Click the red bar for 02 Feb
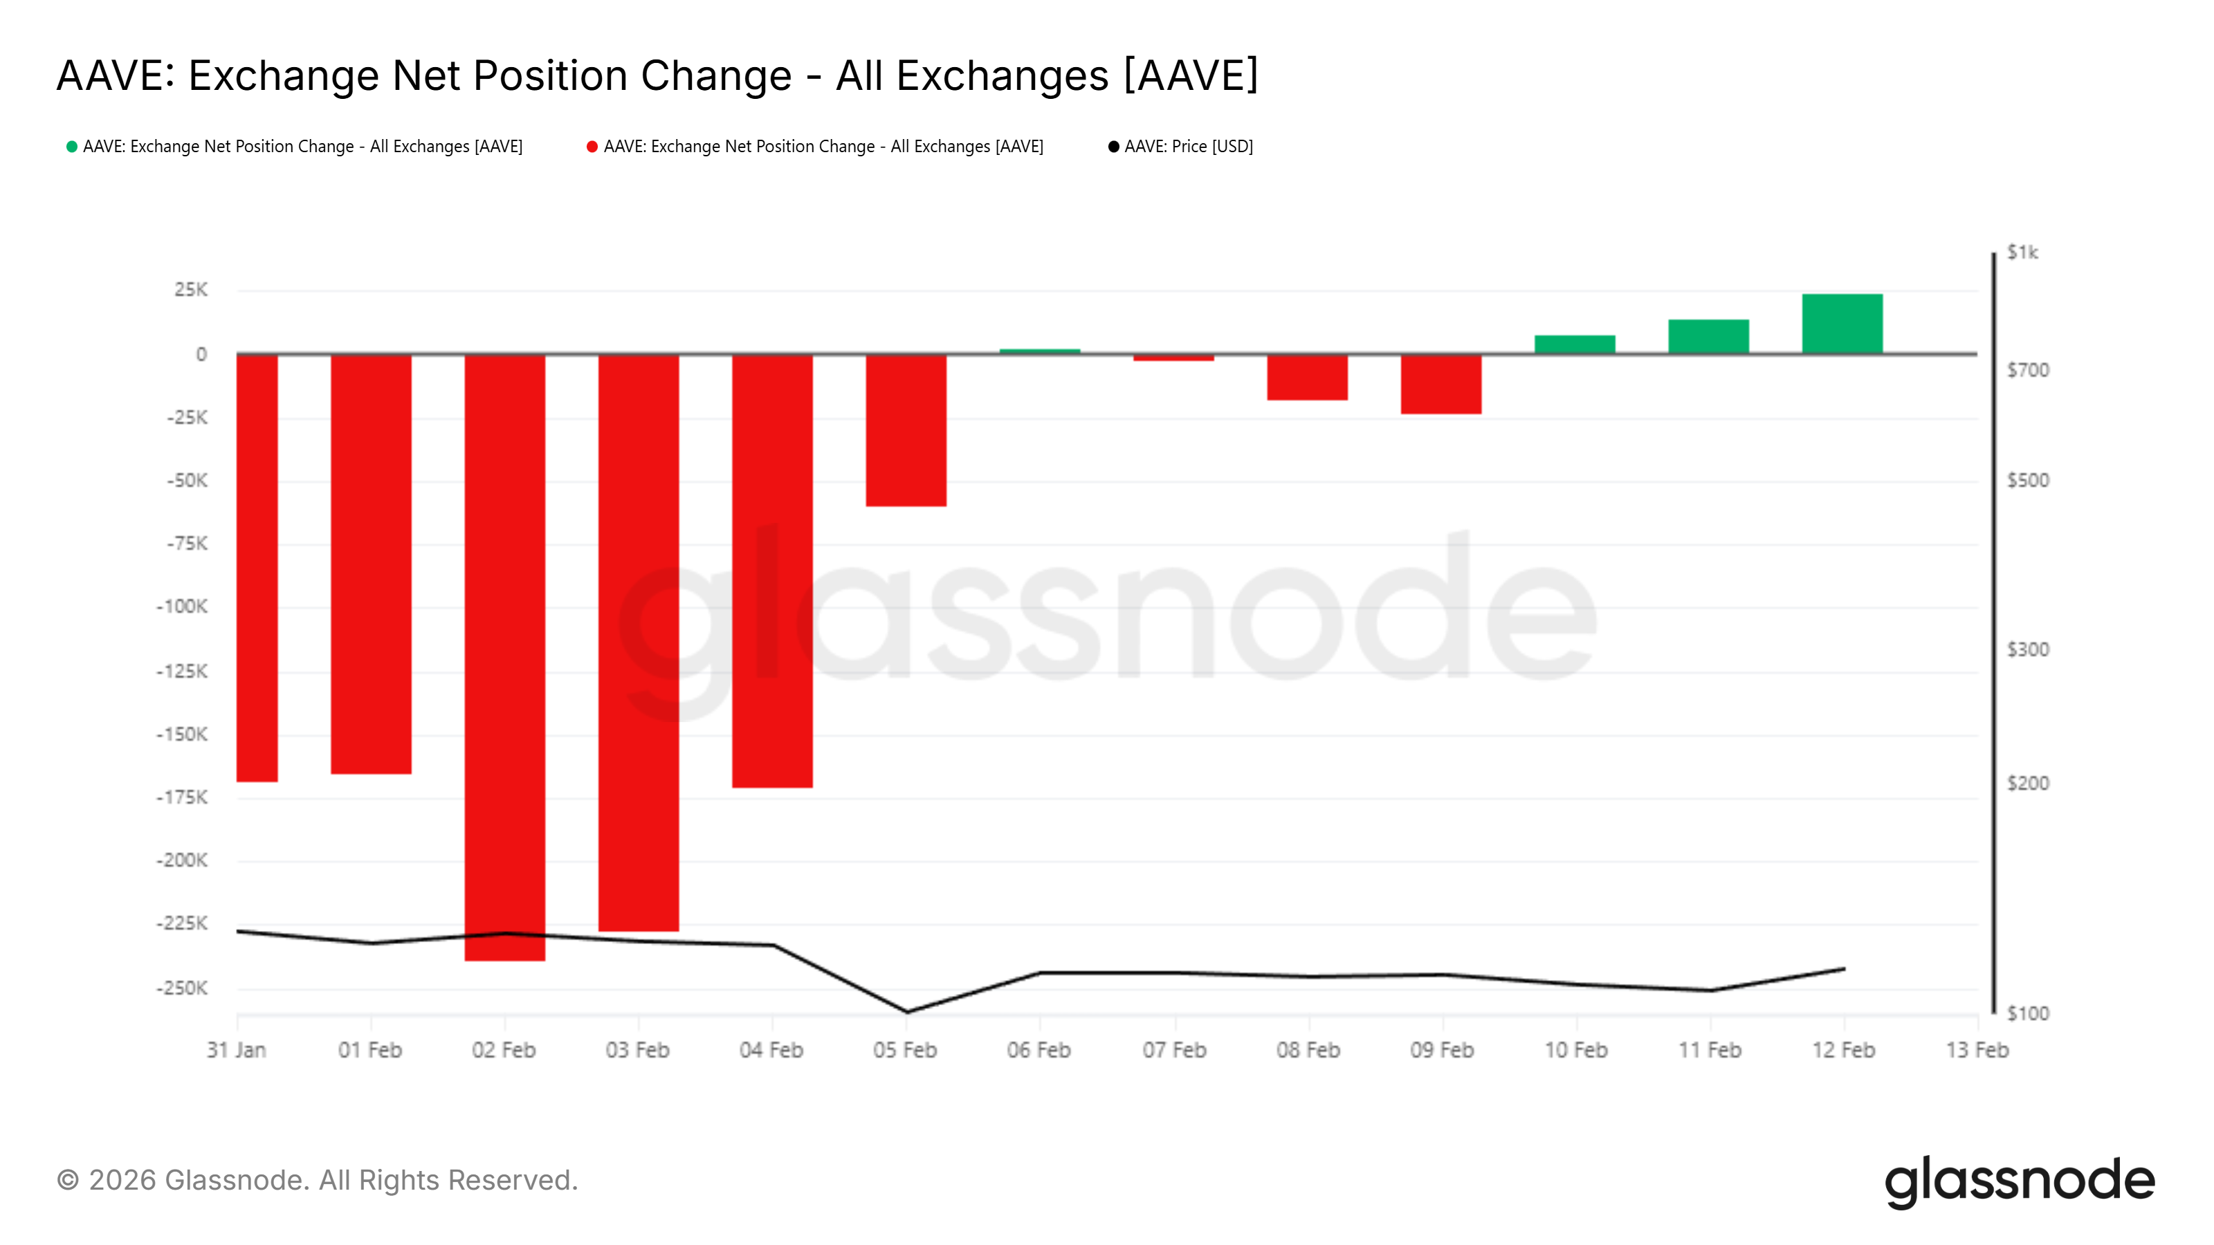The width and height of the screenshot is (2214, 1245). pos(504,657)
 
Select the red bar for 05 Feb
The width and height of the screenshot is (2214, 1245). pos(906,430)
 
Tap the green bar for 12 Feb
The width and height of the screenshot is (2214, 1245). pos(1842,323)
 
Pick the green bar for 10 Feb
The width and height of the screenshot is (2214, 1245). pos(1575,344)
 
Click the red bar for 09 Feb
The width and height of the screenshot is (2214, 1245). pos(1440,384)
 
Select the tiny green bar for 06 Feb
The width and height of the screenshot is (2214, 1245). pos(1039,351)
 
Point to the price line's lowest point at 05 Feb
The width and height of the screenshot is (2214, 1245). pos(907,1011)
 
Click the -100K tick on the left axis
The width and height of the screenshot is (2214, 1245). pos(182,607)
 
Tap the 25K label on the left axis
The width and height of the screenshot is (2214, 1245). pos(190,290)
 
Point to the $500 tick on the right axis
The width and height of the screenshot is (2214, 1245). pos(2027,480)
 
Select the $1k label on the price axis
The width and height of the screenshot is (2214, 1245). pos(2022,252)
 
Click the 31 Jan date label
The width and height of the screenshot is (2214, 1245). pos(237,1050)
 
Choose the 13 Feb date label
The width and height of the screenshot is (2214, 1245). pos(1977,1050)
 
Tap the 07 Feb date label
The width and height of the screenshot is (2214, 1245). pos(1174,1050)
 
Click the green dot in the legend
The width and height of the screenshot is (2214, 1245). pos(72,147)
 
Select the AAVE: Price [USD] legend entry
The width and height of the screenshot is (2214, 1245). pos(1188,147)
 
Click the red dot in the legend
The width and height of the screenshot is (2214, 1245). pos(592,147)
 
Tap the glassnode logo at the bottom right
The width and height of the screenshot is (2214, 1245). pos(2019,1181)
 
